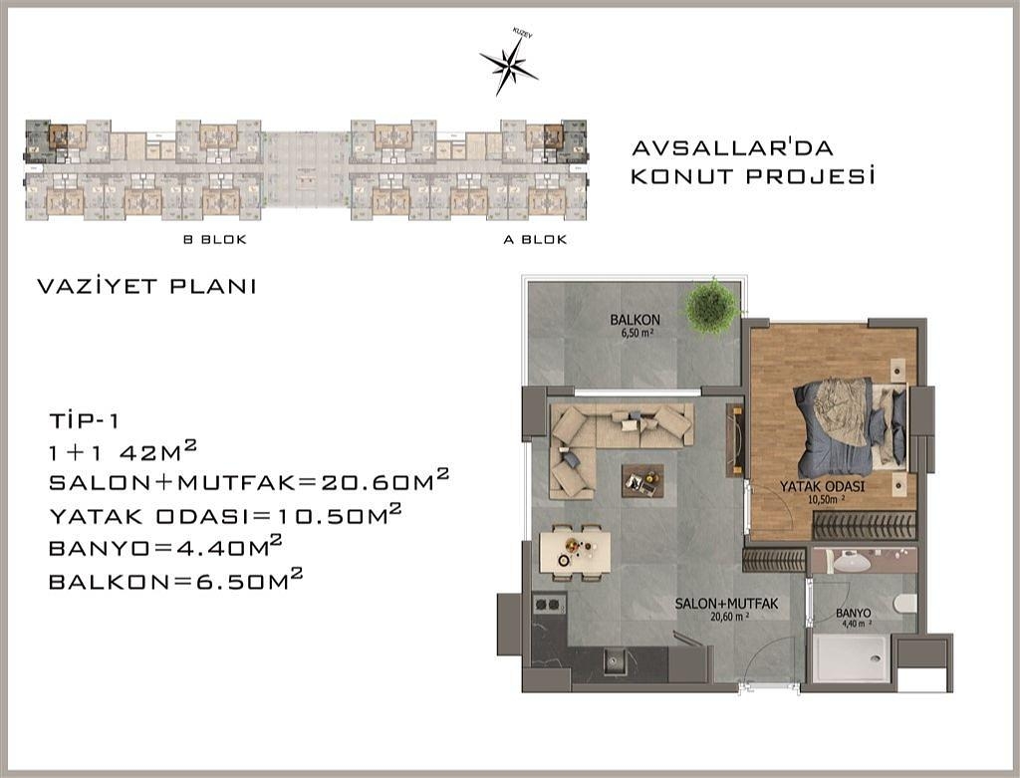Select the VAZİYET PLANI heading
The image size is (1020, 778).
tap(147, 287)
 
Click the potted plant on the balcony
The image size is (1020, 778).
tap(712, 306)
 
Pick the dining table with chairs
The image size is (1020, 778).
tap(575, 550)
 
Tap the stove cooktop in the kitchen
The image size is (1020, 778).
tap(549, 604)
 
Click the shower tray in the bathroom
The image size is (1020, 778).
tap(850, 656)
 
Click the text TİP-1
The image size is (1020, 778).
tap(84, 418)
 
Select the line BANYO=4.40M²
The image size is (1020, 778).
tap(165, 547)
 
